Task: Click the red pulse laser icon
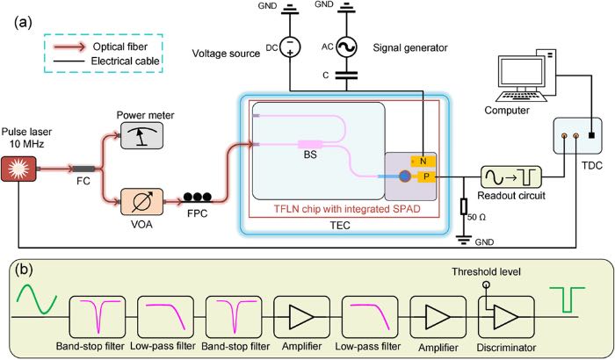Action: [x=18, y=169]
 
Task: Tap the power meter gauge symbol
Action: [x=141, y=135]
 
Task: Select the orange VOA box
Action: [x=141, y=202]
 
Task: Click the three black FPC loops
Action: [x=198, y=197]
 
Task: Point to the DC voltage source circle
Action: [x=290, y=47]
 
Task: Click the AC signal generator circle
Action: [x=346, y=47]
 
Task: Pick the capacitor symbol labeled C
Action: [x=346, y=75]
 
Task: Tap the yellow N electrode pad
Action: [x=423, y=161]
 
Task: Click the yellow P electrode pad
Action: [x=426, y=176]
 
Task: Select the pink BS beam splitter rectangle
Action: [x=310, y=145]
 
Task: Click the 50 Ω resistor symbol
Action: [x=464, y=206]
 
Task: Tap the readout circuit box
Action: [x=511, y=176]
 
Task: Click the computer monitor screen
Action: [x=521, y=73]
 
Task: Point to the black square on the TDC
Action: [x=592, y=136]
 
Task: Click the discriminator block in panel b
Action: [x=506, y=317]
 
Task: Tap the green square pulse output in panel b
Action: [x=568, y=299]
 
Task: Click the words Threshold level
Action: [x=486, y=272]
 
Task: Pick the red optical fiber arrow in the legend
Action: [x=69, y=47]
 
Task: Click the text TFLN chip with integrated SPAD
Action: [x=347, y=209]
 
